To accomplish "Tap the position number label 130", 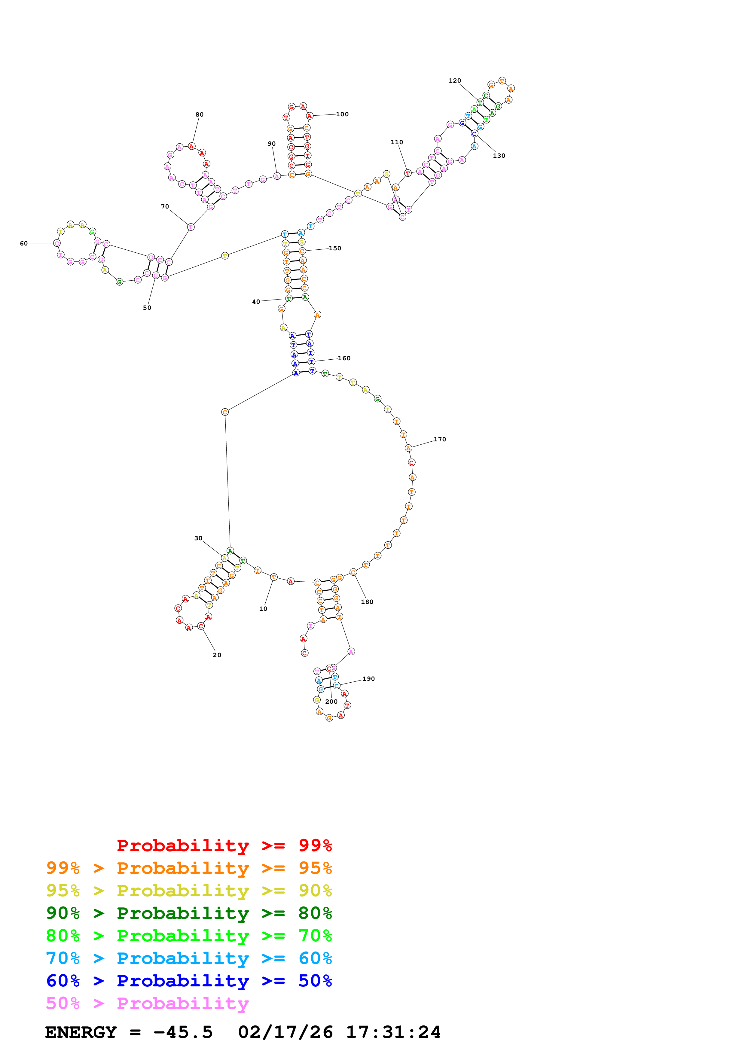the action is click(x=499, y=156).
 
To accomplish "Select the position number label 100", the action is click(x=342, y=114).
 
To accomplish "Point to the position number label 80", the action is click(x=199, y=115).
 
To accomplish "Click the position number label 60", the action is click(x=24, y=244).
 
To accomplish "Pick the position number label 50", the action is click(x=147, y=308).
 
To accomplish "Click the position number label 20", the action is click(x=217, y=655).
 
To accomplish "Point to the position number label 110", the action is click(x=397, y=143).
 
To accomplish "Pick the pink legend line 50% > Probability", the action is click(x=147, y=1004).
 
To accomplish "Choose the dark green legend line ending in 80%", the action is click(x=189, y=913).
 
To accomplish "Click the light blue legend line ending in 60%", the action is click(x=189, y=958).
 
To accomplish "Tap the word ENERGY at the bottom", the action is click(x=81, y=1032).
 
